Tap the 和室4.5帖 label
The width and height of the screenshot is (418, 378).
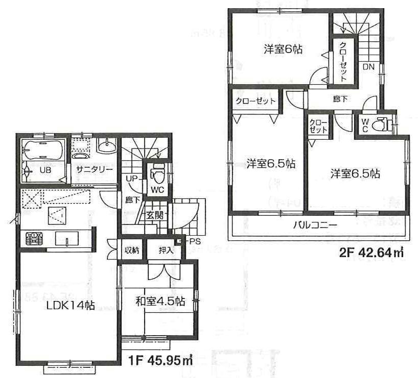click(160, 301)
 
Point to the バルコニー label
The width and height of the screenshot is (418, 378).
click(315, 225)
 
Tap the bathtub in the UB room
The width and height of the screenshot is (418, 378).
click(43, 152)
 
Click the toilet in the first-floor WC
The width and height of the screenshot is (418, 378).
click(157, 175)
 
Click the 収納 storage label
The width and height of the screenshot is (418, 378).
click(131, 250)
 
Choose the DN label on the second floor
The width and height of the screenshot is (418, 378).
click(368, 67)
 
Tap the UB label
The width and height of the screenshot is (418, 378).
click(45, 170)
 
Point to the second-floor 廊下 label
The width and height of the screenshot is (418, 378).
click(338, 99)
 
